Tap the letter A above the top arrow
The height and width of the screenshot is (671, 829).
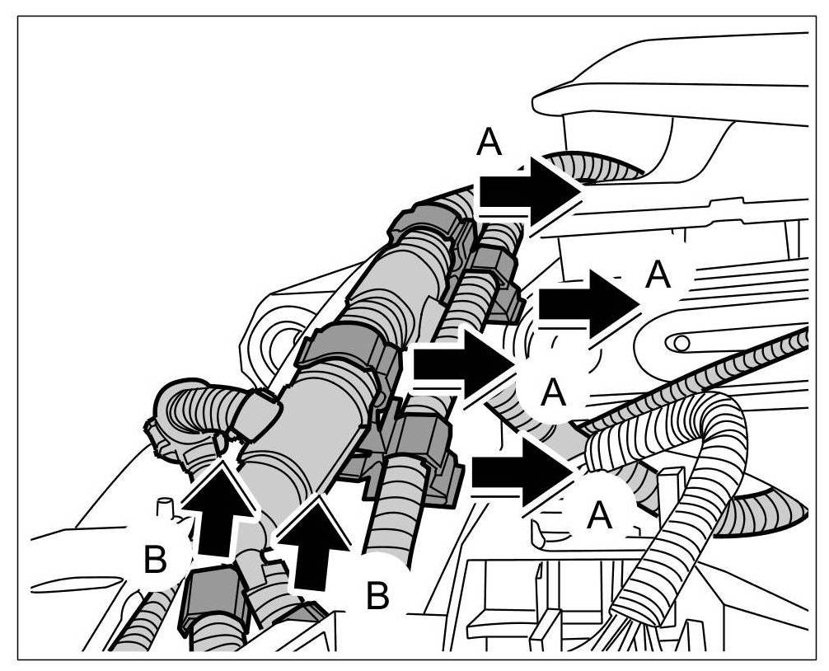(x=489, y=144)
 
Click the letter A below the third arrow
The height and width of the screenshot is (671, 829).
(x=555, y=394)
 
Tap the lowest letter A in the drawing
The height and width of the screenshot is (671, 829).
(x=599, y=517)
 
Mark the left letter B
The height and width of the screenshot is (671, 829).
(x=154, y=561)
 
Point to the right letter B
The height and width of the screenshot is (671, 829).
(x=377, y=596)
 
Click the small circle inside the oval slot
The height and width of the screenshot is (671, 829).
(x=681, y=340)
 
